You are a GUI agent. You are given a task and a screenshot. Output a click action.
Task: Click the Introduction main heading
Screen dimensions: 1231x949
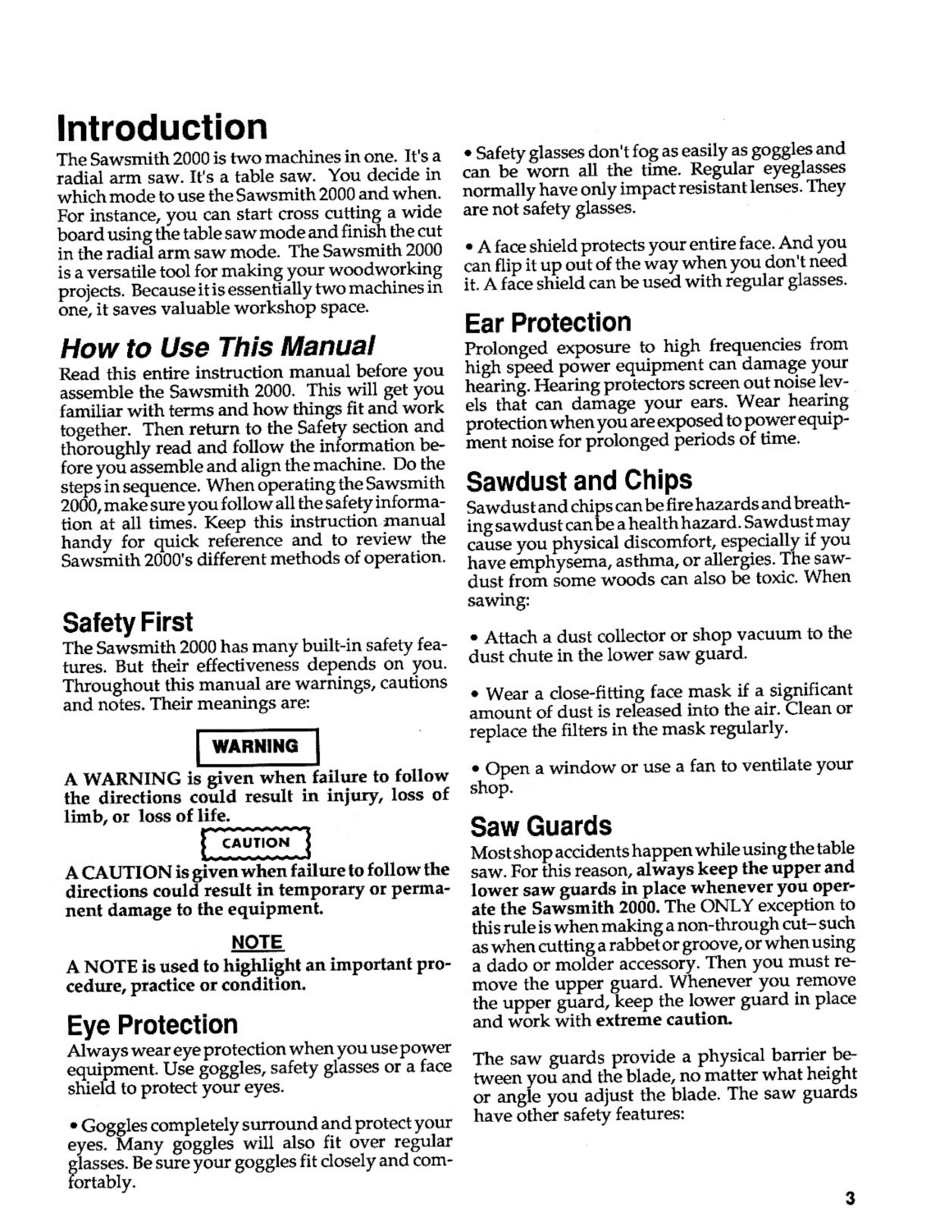tap(162, 128)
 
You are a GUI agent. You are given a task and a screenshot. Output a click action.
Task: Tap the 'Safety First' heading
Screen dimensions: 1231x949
tap(128, 621)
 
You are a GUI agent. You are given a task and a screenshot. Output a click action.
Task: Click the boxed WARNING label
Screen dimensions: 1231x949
tap(255, 746)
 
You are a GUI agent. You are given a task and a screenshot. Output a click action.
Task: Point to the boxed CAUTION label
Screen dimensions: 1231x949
tap(256, 843)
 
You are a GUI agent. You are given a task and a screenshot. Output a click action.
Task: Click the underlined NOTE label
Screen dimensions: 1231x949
tap(257, 942)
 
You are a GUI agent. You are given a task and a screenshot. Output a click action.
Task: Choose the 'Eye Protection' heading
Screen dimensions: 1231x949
tap(152, 1024)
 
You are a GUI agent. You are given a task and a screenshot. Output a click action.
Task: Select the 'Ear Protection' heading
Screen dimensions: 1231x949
tap(548, 322)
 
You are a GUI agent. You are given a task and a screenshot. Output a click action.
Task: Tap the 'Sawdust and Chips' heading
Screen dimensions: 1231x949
tap(578, 479)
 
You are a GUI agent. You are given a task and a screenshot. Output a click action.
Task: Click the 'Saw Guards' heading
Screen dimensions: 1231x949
tap(541, 825)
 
